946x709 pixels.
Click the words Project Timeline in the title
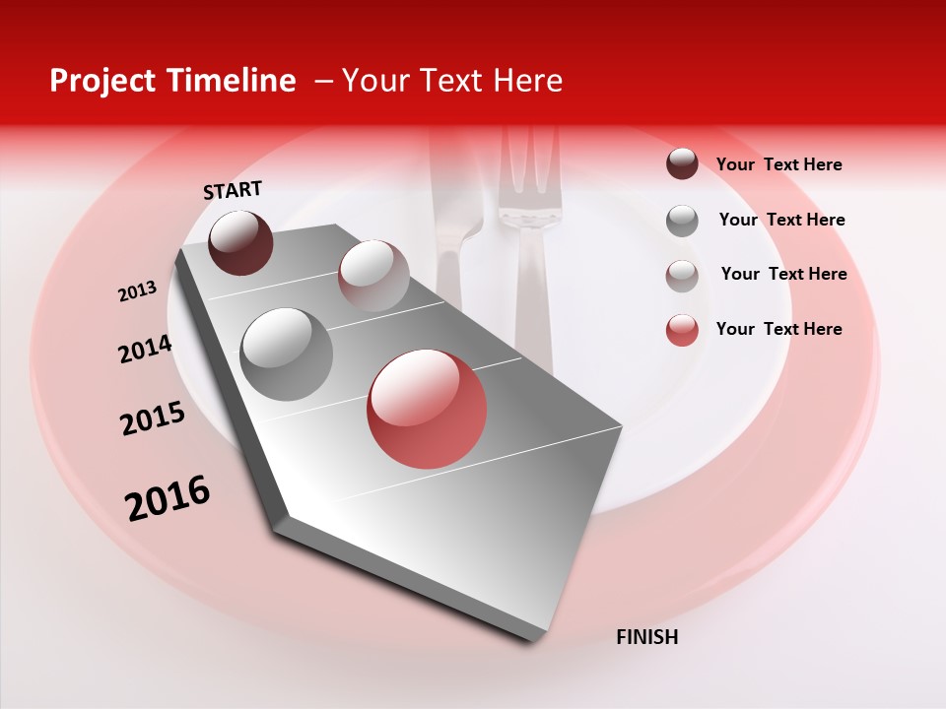pos(172,81)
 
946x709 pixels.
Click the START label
pos(233,190)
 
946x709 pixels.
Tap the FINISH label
pos(646,637)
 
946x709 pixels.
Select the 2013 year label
pos(137,291)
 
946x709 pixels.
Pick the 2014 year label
pos(145,350)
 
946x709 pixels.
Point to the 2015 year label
pos(153,419)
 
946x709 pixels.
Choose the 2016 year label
pos(168,498)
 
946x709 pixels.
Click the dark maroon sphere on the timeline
pos(240,242)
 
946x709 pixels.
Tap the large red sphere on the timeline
pos(427,409)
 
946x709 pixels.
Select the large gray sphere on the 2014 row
pos(286,354)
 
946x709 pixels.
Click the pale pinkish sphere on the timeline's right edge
pos(373,275)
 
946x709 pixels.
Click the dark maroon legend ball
pos(682,163)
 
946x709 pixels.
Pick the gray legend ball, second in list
pos(682,221)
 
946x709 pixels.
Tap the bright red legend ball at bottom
pos(682,330)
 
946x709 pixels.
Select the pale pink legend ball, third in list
pos(682,276)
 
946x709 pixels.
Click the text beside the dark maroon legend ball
pos(778,164)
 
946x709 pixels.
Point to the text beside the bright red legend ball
pos(778,329)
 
